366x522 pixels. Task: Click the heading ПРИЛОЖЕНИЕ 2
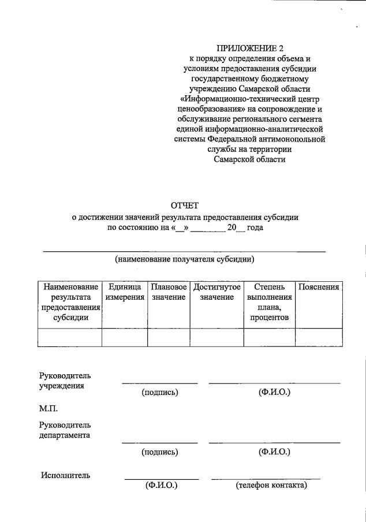click(x=249, y=48)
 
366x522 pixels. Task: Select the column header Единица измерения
click(x=125, y=292)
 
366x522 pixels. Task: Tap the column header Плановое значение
click(x=169, y=292)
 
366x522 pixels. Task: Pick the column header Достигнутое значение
click(x=217, y=292)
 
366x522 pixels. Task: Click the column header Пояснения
click(x=318, y=287)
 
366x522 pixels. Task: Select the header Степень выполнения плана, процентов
click(x=269, y=302)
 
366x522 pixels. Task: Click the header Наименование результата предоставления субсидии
click(x=70, y=302)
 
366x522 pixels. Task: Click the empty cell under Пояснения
click(x=318, y=337)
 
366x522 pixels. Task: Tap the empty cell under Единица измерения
click(x=125, y=337)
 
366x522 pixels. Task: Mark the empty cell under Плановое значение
click(x=169, y=337)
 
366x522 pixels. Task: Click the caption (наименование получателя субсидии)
click(x=185, y=259)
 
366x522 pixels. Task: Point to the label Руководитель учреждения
click(x=65, y=381)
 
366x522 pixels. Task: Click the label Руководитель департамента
click(x=65, y=430)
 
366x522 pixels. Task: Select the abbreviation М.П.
click(x=49, y=408)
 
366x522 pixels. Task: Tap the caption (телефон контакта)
click(x=271, y=486)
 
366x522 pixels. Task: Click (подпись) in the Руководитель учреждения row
click(x=159, y=393)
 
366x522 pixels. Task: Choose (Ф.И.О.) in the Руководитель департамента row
click(x=274, y=452)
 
